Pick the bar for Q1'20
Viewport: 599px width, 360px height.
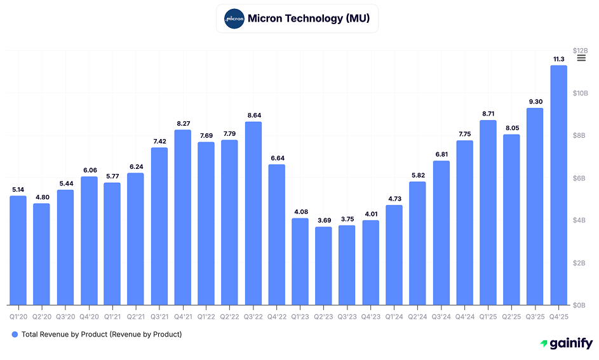coord(18,250)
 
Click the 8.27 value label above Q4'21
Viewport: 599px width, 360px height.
coord(183,123)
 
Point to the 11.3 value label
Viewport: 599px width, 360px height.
coord(558,59)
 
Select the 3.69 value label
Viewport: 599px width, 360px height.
coord(323,220)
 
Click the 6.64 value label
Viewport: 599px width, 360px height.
coord(276,158)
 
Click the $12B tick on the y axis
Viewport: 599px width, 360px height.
coord(580,51)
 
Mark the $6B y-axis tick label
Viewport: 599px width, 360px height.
coord(580,178)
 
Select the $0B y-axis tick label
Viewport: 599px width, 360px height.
coord(580,305)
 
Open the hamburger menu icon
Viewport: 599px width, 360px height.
coord(581,58)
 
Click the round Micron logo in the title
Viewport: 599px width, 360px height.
coord(234,18)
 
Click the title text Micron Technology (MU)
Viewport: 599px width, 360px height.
coord(308,18)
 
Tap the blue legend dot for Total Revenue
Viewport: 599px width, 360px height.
coord(15,334)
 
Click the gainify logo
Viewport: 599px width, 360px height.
coord(566,343)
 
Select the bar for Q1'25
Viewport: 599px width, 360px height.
coord(488,213)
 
